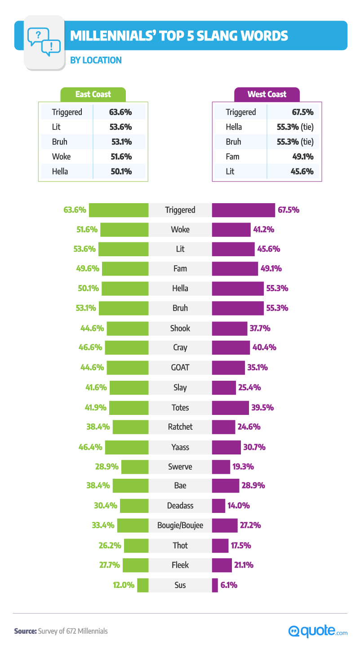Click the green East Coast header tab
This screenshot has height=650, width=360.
[93, 94]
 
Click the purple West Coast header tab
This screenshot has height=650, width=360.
[267, 94]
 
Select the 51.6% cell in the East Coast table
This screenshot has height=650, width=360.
[120, 156]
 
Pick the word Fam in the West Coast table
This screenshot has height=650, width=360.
[232, 156]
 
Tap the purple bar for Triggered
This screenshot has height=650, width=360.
[243, 210]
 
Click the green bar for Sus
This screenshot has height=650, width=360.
[143, 585]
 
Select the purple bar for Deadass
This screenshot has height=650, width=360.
[218, 506]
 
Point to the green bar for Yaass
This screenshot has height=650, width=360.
[127, 447]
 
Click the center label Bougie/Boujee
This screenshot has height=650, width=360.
[180, 525]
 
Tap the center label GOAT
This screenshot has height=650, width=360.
[180, 367]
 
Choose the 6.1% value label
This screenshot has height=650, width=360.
[229, 585]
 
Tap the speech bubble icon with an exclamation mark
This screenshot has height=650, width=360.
[51, 47]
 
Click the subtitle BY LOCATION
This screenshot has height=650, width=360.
[95, 60]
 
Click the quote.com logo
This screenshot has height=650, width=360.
[317, 631]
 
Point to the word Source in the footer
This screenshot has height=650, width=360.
[25, 631]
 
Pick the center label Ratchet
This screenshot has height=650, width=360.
[180, 427]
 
